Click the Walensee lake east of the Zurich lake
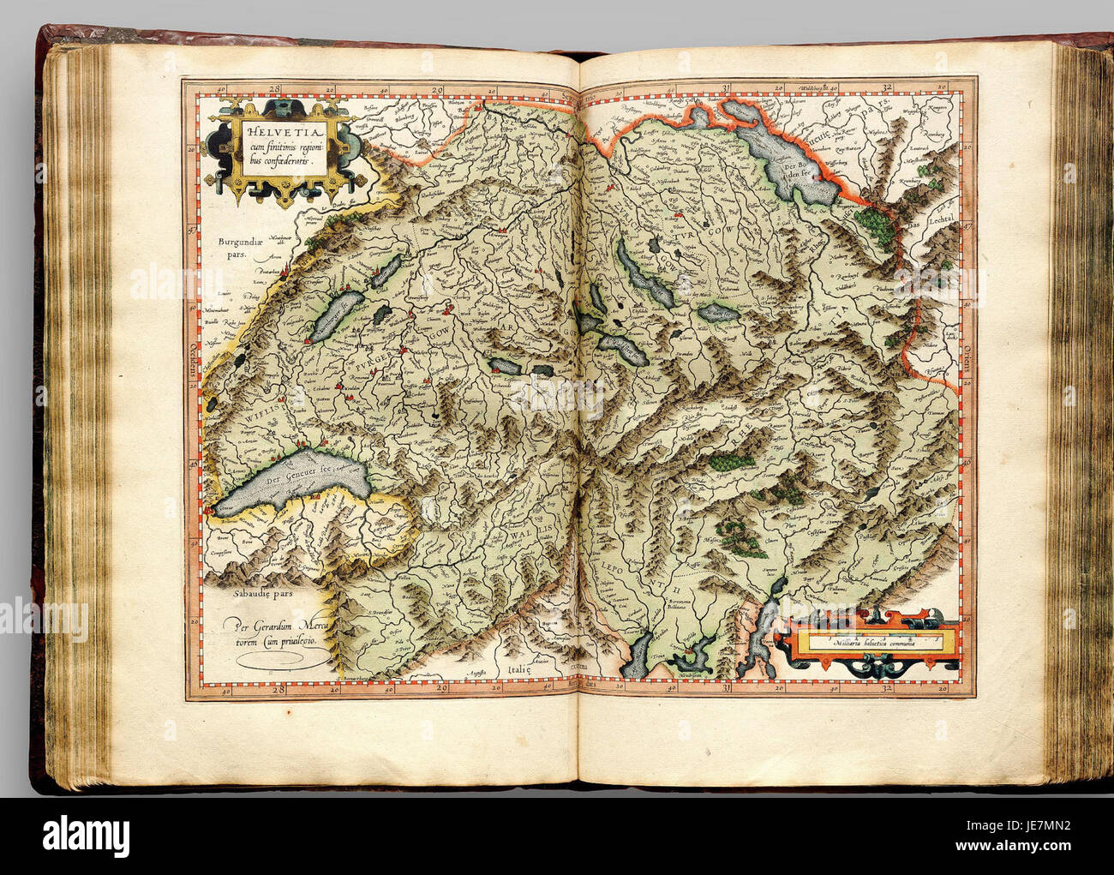point(718,315)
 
